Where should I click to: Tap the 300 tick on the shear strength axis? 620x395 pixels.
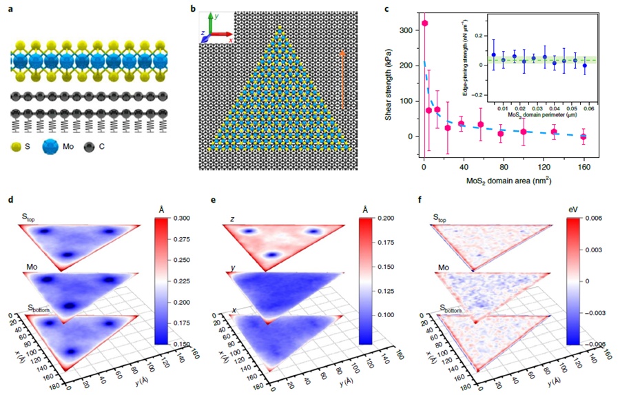(x=409, y=30)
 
